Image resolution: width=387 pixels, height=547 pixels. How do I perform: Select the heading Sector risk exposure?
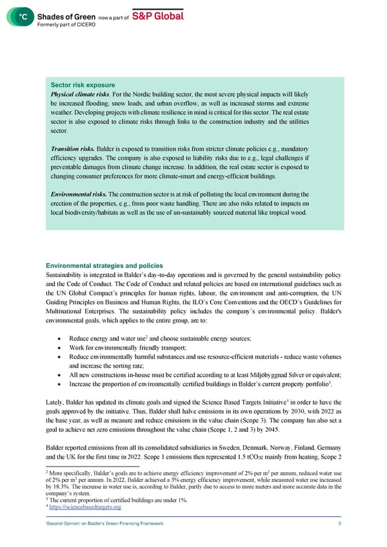pyautogui.click(x=78, y=85)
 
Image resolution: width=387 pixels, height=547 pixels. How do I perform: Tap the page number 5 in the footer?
pyautogui.click(x=339, y=524)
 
